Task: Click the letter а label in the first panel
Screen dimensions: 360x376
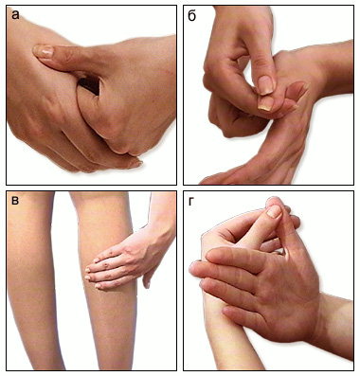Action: pyautogui.click(x=15, y=14)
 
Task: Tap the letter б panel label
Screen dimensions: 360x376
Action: pyautogui.click(x=191, y=14)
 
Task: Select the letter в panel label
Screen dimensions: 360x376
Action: pyautogui.click(x=15, y=201)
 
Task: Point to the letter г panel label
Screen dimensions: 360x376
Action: pyautogui.click(x=190, y=201)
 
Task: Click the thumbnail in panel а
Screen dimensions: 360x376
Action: pyautogui.click(x=44, y=51)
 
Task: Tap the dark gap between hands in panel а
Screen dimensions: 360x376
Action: pyautogui.click(x=90, y=83)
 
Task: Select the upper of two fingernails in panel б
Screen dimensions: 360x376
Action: pyautogui.click(x=265, y=85)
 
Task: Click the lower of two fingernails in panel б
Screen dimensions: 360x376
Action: pyautogui.click(x=264, y=103)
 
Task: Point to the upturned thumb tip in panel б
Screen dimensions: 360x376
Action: pyautogui.click(x=296, y=90)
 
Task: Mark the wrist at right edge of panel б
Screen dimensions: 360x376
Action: pyautogui.click(x=338, y=68)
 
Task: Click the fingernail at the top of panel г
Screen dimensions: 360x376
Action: pyautogui.click(x=275, y=211)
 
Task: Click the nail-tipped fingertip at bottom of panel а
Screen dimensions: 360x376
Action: pyautogui.click(x=135, y=163)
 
